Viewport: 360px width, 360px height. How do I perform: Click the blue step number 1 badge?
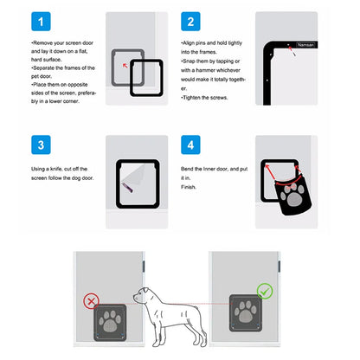40,21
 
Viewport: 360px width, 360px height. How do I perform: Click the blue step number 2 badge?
191,21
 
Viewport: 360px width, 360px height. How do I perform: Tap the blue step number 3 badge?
40,144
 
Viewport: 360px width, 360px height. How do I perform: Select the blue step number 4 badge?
191,144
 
